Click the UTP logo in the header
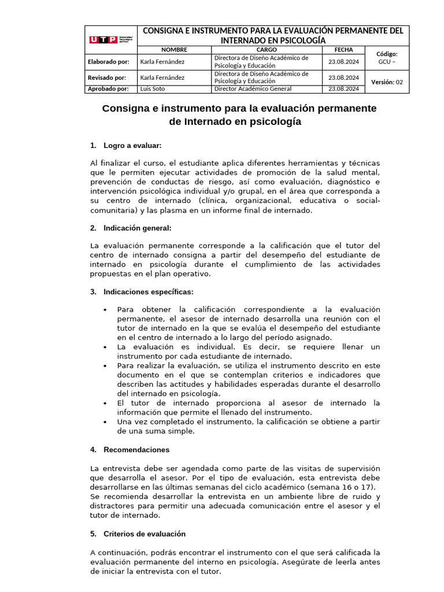click(110, 40)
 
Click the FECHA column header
click(343, 50)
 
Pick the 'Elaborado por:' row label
click(108, 62)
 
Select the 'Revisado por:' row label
click(106, 77)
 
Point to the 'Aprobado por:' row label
click(108, 88)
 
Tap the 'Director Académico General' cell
click(253, 88)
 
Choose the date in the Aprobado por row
click(343, 88)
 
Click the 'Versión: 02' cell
click(387, 82)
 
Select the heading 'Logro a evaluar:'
click(132, 145)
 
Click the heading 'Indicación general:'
click(137, 228)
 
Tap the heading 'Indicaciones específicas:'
click(148, 291)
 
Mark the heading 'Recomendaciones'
click(136, 449)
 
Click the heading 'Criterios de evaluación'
click(145, 534)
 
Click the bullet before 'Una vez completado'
click(105, 422)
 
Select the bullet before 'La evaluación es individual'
click(105, 347)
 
